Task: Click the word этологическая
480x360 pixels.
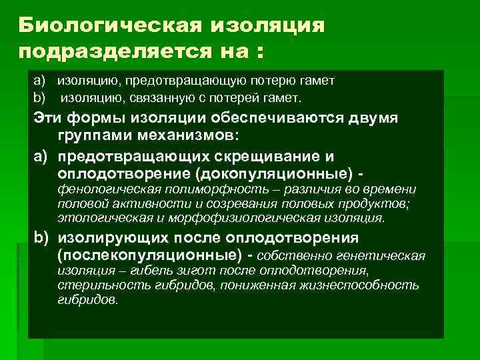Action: [x=97, y=218]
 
